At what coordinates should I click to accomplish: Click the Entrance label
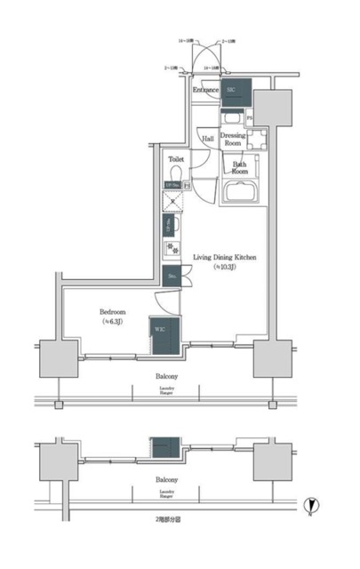(206, 90)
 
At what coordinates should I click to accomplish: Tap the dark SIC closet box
(234, 91)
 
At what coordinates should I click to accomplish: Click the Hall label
(207, 140)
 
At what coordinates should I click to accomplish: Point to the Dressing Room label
(233, 138)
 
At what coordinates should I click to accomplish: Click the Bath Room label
(240, 167)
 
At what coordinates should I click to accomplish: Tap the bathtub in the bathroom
(239, 193)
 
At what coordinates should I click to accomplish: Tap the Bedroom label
(112, 313)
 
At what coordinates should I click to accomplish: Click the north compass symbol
(308, 505)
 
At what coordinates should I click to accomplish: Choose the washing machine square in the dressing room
(257, 140)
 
